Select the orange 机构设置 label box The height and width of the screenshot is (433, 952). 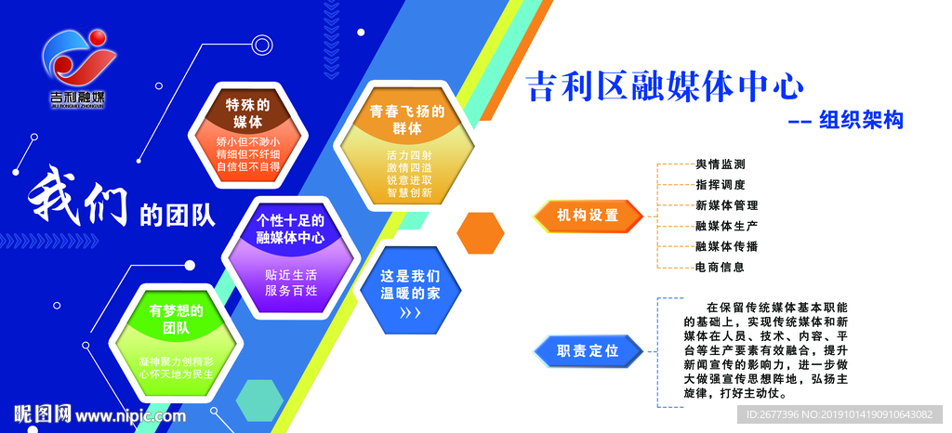[x=588, y=216]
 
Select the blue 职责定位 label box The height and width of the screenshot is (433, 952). [x=588, y=350]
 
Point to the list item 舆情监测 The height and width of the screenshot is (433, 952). [x=721, y=164]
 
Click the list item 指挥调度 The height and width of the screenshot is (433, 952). [x=721, y=185]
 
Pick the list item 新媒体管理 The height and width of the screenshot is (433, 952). [x=727, y=205]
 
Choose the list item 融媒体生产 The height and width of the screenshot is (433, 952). [x=727, y=226]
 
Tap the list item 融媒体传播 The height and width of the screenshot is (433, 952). [x=727, y=246]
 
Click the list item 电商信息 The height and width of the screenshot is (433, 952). [x=721, y=267]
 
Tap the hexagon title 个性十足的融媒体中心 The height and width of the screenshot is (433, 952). [x=290, y=229]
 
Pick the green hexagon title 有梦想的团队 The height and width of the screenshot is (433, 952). [x=176, y=319]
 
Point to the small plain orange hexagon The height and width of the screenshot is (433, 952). [x=481, y=232]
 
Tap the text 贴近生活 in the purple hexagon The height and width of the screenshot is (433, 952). [x=291, y=275]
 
